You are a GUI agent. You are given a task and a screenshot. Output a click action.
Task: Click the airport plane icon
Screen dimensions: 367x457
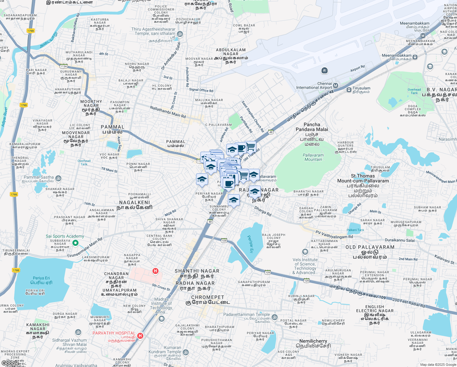(x=324, y=71)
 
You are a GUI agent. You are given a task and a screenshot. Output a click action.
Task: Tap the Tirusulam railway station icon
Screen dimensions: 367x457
(x=349, y=90)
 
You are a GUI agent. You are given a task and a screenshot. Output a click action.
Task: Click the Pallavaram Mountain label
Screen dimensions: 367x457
(x=313, y=157)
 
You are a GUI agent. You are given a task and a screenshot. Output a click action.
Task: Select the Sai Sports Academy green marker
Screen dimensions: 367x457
(x=75, y=243)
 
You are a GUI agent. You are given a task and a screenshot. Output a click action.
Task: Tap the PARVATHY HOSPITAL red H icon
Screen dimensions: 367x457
(x=140, y=336)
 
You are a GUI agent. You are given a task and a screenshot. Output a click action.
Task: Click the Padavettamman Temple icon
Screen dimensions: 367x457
(x=275, y=317)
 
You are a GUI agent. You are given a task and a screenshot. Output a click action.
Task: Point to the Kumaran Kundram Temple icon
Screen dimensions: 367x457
(x=185, y=353)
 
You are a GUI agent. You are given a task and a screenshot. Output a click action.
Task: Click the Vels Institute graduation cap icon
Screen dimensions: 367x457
(x=305, y=252)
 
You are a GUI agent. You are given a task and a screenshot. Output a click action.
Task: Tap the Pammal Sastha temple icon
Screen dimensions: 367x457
(x=59, y=178)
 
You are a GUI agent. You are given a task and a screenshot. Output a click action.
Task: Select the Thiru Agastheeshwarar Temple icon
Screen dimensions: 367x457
(x=180, y=34)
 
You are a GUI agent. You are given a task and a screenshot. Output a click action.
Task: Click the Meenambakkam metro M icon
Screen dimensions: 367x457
(x=423, y=35)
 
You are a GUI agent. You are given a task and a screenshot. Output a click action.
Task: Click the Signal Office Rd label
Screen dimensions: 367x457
(x=201, y=90)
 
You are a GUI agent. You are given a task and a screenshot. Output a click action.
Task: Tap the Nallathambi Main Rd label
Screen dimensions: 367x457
(x=168, y=112)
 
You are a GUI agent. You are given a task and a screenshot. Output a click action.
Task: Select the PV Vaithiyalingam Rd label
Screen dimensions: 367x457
(x=334, y=235)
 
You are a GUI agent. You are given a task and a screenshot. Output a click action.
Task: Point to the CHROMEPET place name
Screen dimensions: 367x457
(x=208, y=297)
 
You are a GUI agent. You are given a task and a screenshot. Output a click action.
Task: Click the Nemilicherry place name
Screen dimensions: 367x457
(x=313, y=341)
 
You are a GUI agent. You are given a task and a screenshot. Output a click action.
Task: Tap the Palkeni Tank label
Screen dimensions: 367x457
(x=355, y=230)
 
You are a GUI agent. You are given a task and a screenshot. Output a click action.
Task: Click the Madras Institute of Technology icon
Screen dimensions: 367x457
(x=161, y=319)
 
